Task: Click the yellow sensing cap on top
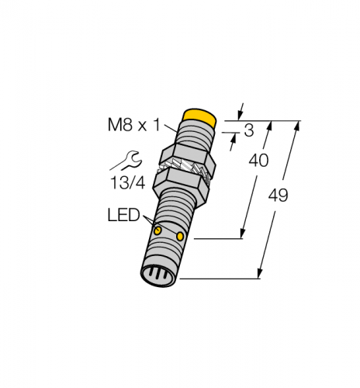click(x=199, y=118)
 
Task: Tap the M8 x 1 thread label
click(x=133, y=125)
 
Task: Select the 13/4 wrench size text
click(x=128, y=182)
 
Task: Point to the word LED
click(x=123, y=215)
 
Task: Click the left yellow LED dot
click(x=157, y=230)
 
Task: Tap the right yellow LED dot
click(x=180, y=236)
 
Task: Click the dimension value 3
click(x=249, y=130)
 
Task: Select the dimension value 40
click(x=258, y=161)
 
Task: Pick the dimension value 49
click(x=278, y=196)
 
